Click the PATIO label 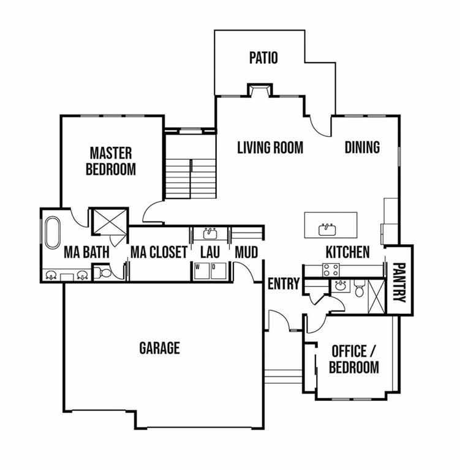point(263,58)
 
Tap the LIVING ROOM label point(270,147)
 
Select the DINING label point(362,147)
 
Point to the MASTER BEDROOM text point(111,161)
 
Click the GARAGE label point(160,348)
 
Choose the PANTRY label point(399,282)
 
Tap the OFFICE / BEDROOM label point(354,359)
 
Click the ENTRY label point(284,283)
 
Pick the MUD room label point(246,252)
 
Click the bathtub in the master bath point(53,233)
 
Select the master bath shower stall point(110,222)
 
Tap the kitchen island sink point(327,229)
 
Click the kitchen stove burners point(331,270)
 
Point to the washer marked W point(202,271)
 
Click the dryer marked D point(218,271)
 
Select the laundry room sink point(210,233)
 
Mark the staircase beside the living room point(190,179)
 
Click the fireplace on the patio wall point(260,90)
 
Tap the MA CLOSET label point(159,252)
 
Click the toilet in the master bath point(103,272)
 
